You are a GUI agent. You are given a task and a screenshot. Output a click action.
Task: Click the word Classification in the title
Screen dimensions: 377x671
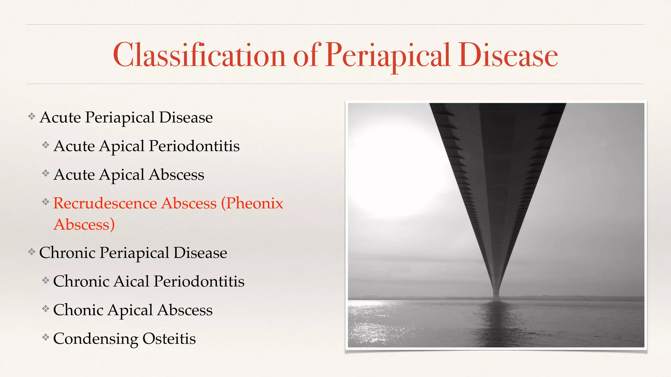point(199,55)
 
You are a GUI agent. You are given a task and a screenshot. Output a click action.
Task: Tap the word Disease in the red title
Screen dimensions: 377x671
point(508,55)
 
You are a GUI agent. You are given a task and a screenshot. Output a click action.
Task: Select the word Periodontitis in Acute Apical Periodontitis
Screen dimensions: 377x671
point(194,146)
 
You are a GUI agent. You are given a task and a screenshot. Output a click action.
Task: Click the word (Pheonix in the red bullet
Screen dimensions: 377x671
point(252,203)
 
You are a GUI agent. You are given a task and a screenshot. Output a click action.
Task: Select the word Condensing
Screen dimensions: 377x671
point(95,339)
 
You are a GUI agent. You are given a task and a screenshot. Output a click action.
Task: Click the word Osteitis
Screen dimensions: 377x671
point(169,339)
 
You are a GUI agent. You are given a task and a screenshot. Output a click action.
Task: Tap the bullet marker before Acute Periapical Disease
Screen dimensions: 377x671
point(32,116)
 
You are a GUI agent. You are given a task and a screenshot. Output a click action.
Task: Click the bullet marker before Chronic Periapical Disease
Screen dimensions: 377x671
point(32,252)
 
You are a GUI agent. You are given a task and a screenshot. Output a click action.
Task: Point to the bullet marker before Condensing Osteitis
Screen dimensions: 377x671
point(46,337)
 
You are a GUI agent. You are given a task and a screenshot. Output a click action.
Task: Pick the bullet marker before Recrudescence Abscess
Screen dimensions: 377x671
point(46,202)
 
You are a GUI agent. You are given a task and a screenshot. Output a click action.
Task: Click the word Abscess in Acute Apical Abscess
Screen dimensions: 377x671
point(176,175)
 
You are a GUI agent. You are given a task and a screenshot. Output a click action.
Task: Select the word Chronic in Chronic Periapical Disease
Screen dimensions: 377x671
point(67,253)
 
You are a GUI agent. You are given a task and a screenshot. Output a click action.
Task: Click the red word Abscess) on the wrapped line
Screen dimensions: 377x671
point(84,225)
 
